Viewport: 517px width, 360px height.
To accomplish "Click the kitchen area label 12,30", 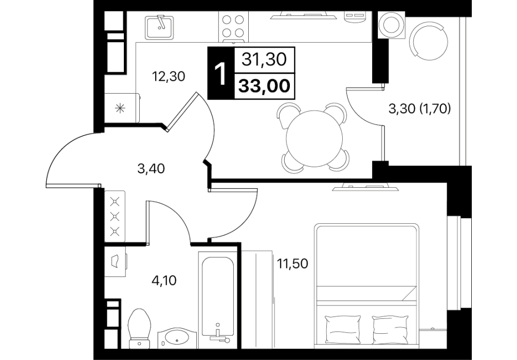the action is point(168,77).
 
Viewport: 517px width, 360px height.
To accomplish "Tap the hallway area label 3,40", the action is point(151,169).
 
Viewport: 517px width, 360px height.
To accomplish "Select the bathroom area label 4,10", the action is point(164,281).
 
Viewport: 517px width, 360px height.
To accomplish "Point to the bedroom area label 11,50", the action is point(292,264).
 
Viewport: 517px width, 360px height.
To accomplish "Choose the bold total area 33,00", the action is point(265,86).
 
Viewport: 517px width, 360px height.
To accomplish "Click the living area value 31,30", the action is point(264,60).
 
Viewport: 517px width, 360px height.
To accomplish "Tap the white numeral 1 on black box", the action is point(220,74).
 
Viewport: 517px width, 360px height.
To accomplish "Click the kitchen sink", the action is point(159,27).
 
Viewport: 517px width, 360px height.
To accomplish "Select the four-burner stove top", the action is point(233,26).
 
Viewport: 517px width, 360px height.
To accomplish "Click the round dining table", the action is point(313,138).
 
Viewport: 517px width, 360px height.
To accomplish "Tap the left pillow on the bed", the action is point(343,329).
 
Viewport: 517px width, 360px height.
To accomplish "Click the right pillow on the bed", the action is point(391,329).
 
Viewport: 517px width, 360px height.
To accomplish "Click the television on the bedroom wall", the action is point(366,187).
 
